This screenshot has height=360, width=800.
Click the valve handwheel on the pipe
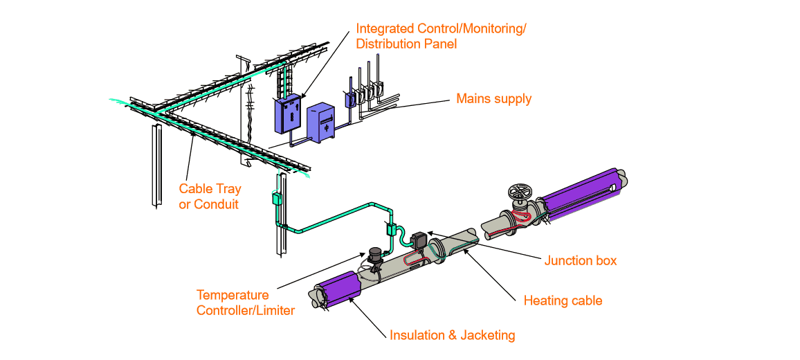(518, 193)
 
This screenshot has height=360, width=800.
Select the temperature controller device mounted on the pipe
(376, 257)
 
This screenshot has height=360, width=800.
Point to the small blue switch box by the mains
(350, 98)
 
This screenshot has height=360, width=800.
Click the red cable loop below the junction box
(411, 262)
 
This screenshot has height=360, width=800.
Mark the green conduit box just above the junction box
(390, 229)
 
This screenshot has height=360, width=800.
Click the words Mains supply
(493, 99)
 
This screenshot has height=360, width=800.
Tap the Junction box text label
(580, 261)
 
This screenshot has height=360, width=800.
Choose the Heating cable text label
(563, 301)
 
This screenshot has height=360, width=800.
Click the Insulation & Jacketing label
(453, 336)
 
